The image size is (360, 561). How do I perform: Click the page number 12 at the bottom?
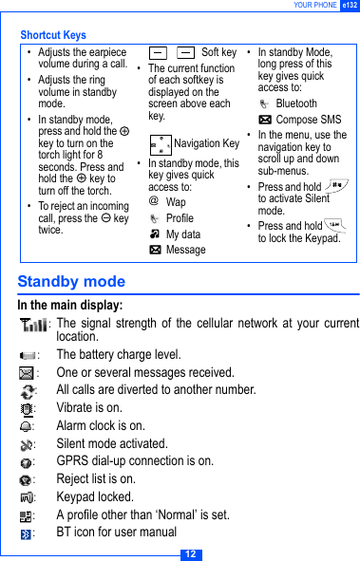click(x=190, y=553)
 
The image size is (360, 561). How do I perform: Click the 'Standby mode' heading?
click(x=71, y=282)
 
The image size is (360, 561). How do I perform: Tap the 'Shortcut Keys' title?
click(x=53, y=35)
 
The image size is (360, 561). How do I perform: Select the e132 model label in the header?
click(x=350, y=6)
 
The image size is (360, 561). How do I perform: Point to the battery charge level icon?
click(x=26, y=355)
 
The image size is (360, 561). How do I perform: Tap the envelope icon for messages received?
click(x=26, y=373)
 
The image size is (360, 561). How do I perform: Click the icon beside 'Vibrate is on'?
click(x=26, y=408)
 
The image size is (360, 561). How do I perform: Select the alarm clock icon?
click(x=26, y=426)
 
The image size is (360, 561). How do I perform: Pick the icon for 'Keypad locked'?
click(x=26, y=496)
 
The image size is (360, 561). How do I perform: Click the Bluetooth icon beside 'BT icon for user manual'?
click(x=26, y=533)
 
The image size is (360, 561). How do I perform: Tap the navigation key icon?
click(x=161, y=144)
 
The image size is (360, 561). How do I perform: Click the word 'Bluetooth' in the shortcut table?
click(x=296, y=103)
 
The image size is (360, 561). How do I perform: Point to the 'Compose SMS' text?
click(x=308, y=120)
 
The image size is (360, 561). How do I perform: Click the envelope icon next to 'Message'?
click(x=154, y=250)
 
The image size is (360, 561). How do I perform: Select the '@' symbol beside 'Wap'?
click(x=154, y=202)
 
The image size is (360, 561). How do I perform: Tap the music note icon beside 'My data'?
click(x=154, y=234)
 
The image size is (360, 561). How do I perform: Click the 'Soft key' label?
click(x=218, y=53)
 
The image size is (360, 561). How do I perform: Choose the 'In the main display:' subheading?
click(x=69, y=306)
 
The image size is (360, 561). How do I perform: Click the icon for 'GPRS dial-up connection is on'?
click(x=26, y=461)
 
